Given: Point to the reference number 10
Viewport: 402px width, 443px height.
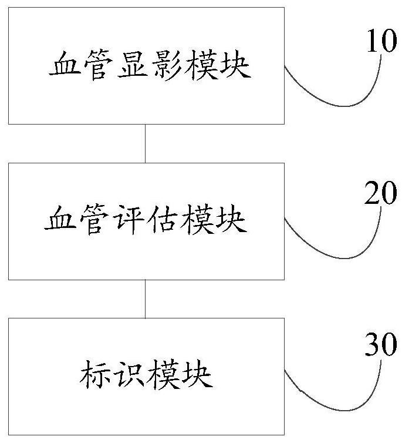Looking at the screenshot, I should (381, 44).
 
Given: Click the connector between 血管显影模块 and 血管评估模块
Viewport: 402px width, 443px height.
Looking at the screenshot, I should (146, 143).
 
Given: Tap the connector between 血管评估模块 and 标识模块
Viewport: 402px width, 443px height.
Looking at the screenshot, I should (146, 298).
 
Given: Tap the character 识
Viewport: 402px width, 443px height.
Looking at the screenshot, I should (129, 376).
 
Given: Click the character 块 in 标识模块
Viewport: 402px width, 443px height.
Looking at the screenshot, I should (197, 376).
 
